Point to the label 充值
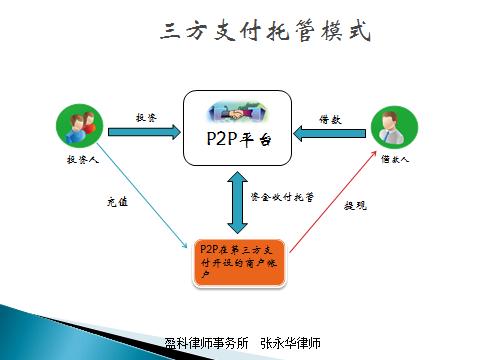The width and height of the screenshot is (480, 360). (117, 201)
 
